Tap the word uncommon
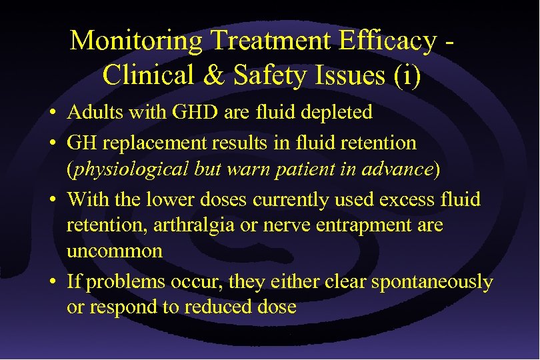pos(115,251)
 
